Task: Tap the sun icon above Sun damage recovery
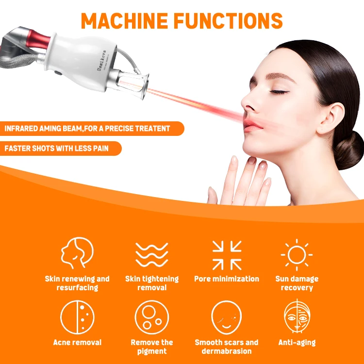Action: coord(297,254)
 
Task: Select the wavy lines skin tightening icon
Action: coord(151,254)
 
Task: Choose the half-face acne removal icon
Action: coord(77,317)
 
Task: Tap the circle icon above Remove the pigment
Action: coord(151,317)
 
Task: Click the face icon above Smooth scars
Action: coord(226,317)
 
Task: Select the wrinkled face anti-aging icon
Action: coord(297,317)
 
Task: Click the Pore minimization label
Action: coord(227,279)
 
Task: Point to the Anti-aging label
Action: coord(297,343)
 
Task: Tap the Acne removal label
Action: coord(77,343)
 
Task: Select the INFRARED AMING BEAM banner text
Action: coord(87,129)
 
